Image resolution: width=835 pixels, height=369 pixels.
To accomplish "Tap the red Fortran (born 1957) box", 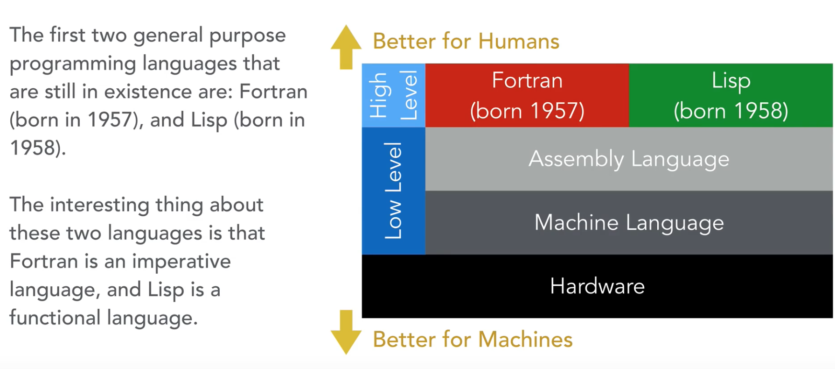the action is point(527,95).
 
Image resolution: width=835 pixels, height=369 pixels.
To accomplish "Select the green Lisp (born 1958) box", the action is point(731,95).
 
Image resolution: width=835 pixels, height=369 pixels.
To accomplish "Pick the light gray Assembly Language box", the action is point(628,159).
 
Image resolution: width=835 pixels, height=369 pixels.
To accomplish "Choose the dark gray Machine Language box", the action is point(628,222).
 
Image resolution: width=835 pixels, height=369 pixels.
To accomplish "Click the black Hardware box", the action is point(597,286).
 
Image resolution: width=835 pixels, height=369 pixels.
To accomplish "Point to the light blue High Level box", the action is point(393,95).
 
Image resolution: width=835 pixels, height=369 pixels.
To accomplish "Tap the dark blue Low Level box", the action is point(393,191).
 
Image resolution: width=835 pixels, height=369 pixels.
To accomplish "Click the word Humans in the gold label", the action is point(518,41).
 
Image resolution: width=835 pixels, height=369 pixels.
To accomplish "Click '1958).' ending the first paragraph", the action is point(38,148).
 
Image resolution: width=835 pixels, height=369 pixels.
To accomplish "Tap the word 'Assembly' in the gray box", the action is point(576,159).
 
